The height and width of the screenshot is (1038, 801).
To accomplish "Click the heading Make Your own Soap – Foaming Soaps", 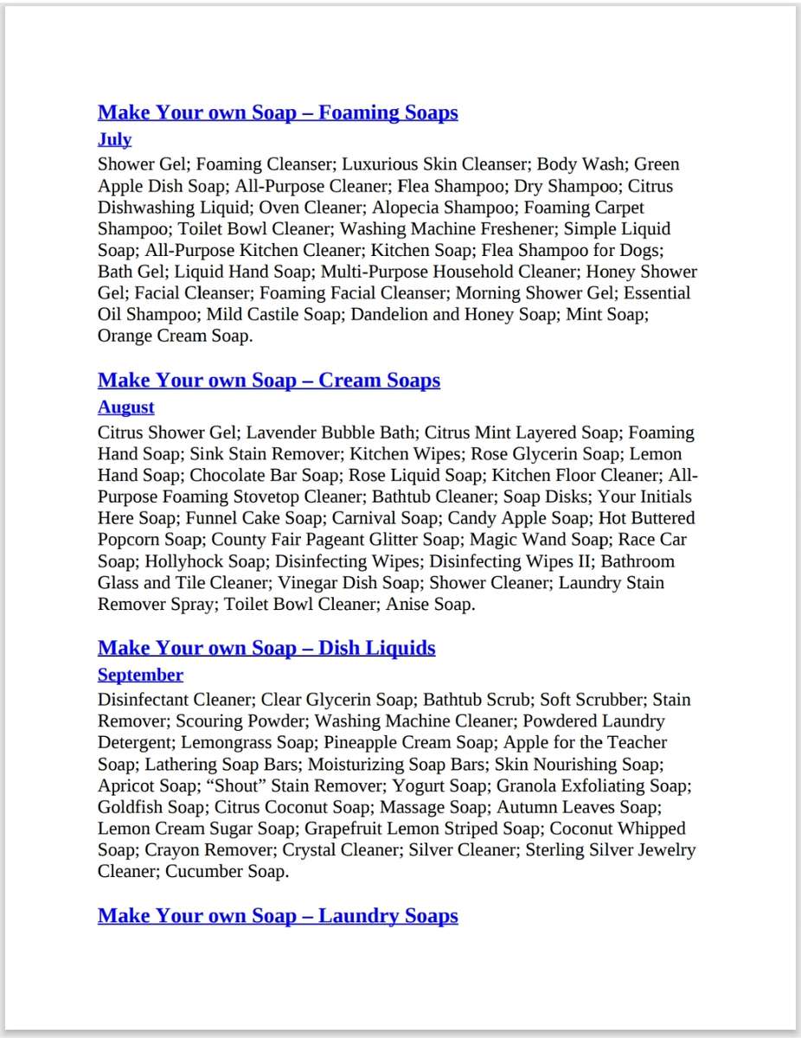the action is (278, 112).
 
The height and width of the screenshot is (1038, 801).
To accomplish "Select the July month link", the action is (114, 139).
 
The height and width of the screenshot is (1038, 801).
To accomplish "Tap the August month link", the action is (125, 407).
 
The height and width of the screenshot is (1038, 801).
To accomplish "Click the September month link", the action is (140, 675).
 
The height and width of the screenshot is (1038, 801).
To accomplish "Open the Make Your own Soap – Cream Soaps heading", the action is (269, 381).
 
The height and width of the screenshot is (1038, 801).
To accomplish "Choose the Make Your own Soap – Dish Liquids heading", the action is (266, 648).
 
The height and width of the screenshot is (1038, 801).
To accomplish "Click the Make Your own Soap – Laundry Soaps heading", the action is (278, 915).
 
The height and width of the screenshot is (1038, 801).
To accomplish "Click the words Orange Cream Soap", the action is (175, 336).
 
